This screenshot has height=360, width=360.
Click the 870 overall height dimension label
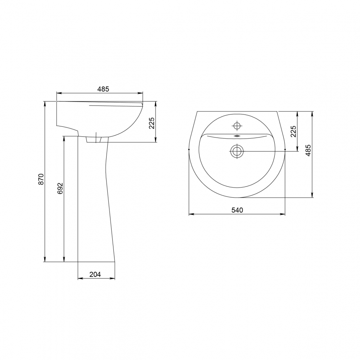pos(41,179)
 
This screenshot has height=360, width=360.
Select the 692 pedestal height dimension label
pos(60,188)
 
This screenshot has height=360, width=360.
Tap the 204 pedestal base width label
pos(95,274)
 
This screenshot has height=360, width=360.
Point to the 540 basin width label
pos(237,210)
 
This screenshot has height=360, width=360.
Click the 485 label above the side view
pos(103,89)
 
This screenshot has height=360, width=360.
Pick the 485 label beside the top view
pos(308,150)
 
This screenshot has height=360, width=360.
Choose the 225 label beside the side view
pos(152,123)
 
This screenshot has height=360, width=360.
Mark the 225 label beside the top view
pos(293,131)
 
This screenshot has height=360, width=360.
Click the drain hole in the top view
pos(237,151)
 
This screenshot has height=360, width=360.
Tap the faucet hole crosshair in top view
pos(237,126)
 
